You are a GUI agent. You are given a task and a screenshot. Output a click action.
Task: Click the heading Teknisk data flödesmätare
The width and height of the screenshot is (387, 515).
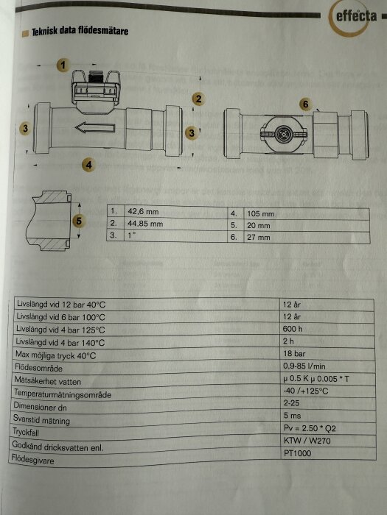click(x=80, y=31)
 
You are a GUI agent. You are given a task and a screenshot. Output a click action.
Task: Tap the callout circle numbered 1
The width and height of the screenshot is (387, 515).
click(x=63, y=65)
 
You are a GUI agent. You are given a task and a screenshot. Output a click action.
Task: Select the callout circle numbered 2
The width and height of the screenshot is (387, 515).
click(x=198, y=99)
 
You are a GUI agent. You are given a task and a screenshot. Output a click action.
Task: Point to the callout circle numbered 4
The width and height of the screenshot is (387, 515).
click(x=89, y=165)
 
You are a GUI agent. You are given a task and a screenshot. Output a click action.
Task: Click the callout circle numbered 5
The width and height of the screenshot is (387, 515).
click(x=79, y=221)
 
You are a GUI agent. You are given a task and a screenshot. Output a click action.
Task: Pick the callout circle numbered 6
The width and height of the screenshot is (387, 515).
click(x=306, y=104)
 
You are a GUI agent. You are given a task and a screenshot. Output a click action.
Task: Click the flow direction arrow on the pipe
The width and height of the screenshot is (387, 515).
click(x=95, y=127)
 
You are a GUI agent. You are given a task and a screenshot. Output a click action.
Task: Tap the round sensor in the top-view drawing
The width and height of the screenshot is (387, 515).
click(x=283, y=133)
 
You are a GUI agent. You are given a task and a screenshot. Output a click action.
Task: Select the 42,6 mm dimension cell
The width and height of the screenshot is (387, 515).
click(x=143, y=212)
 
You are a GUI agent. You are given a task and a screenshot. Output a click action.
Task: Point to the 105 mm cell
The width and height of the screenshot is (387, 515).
click(x=261, y=214)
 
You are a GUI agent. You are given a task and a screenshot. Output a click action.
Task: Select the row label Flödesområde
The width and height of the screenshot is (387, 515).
click(x=38, y=368)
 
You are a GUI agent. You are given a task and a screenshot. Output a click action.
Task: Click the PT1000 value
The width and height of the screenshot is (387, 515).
click(x=297, y=453)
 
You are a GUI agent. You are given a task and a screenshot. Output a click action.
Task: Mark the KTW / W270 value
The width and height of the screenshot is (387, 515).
click(x=307, y=441)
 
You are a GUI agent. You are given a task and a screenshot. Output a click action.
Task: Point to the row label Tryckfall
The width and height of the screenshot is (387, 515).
click(x=26, y=432)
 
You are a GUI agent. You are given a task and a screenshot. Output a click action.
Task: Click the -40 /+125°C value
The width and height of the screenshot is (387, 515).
click(x=306, y=391)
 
